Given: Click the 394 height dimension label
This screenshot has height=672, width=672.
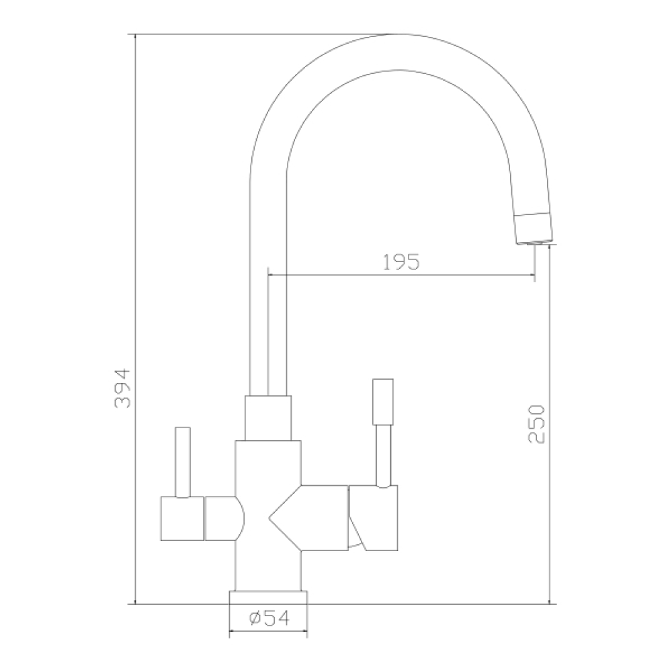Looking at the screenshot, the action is pos(122,388).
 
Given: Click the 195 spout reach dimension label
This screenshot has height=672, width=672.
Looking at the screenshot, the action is pos(401,262).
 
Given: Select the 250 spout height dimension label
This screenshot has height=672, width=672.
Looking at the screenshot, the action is pos(536,424).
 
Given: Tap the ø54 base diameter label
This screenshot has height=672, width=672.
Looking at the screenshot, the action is pos(269,618).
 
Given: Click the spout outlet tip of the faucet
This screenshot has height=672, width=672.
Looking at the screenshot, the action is pos(534,243).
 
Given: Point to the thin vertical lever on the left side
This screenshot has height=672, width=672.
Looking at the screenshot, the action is pos(183,462).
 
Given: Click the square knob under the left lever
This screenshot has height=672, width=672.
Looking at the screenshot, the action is pos(182,518).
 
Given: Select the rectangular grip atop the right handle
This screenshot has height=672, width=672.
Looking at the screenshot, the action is pos(383,402).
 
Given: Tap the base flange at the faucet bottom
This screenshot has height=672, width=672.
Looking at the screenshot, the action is pos(268,597).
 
